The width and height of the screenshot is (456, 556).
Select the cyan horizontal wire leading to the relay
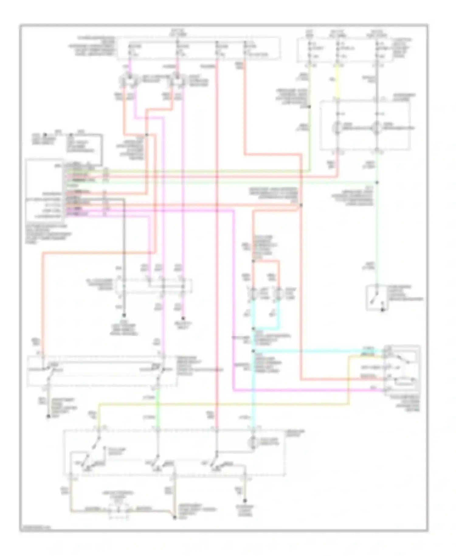point(316,351)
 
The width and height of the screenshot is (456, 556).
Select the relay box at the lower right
point(402,370)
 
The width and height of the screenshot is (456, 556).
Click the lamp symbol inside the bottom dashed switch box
point(253,443)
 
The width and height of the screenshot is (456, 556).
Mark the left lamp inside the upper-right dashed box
point(337,128)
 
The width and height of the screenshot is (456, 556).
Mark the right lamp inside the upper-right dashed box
point(377,128)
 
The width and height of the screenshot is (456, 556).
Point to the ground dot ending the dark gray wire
point(124,316)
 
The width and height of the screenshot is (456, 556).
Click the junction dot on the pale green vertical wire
point(377,182)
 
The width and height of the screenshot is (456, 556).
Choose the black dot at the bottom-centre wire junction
point(174,517)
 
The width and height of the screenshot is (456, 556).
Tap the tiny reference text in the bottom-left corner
point(35,528)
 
